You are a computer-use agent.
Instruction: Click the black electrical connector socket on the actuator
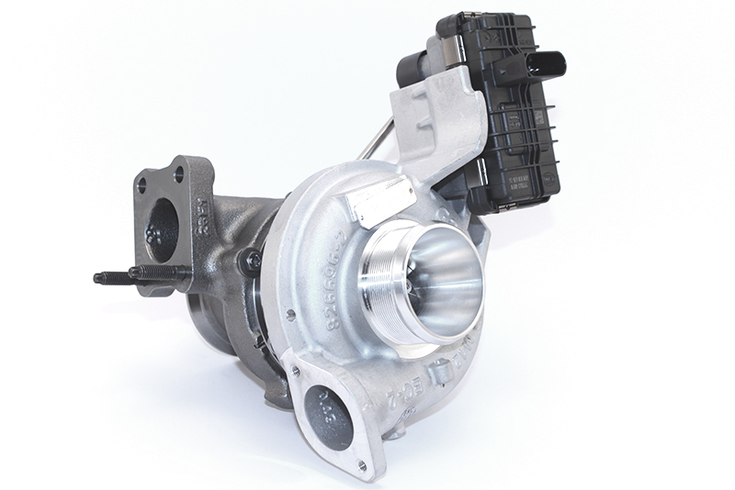pyautogui.click(x=548, y=67)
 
